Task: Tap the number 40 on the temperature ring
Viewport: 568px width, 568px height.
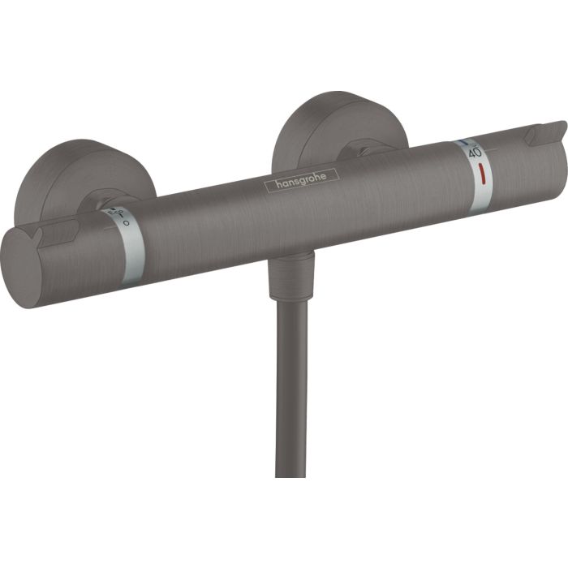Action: [475, 152]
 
